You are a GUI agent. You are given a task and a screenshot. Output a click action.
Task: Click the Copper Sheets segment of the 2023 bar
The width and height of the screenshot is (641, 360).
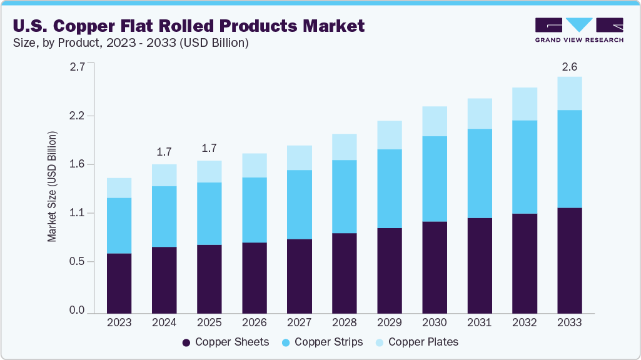119,282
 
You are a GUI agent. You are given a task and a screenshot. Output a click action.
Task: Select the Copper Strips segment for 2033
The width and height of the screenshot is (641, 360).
569,159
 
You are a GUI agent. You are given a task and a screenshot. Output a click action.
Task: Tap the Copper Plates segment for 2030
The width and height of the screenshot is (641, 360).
434,121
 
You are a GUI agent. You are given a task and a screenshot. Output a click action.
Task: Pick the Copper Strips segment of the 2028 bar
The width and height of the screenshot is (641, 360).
344,196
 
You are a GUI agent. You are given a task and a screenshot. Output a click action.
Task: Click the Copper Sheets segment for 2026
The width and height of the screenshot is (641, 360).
254,277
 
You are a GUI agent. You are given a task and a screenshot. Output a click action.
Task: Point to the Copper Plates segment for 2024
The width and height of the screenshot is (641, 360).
164,175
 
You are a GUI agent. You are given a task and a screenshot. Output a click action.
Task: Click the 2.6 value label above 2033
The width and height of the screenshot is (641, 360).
569,66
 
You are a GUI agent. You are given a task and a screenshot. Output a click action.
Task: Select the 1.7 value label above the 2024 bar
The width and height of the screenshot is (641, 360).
164,152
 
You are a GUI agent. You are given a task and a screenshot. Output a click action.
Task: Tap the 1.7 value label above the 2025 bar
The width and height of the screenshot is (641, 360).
209,149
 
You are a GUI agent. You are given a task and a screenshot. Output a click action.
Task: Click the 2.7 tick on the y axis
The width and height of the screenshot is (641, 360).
77,67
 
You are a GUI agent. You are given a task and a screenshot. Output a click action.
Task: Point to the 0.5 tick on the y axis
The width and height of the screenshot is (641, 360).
77,262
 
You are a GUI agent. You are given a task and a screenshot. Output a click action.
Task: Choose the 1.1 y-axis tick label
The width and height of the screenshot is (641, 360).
77,213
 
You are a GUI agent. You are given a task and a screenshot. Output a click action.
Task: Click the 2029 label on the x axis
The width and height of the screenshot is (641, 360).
389,322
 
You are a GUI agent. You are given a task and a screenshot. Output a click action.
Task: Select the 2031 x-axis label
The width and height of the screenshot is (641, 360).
479,322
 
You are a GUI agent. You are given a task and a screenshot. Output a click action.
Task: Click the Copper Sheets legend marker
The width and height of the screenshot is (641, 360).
186,342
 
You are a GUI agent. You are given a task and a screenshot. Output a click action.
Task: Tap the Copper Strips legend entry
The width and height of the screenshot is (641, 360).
323,342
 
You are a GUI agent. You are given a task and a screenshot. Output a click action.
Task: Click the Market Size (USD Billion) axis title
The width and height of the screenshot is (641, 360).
53,187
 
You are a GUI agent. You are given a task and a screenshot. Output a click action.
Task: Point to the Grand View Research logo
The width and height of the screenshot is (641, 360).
578,30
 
